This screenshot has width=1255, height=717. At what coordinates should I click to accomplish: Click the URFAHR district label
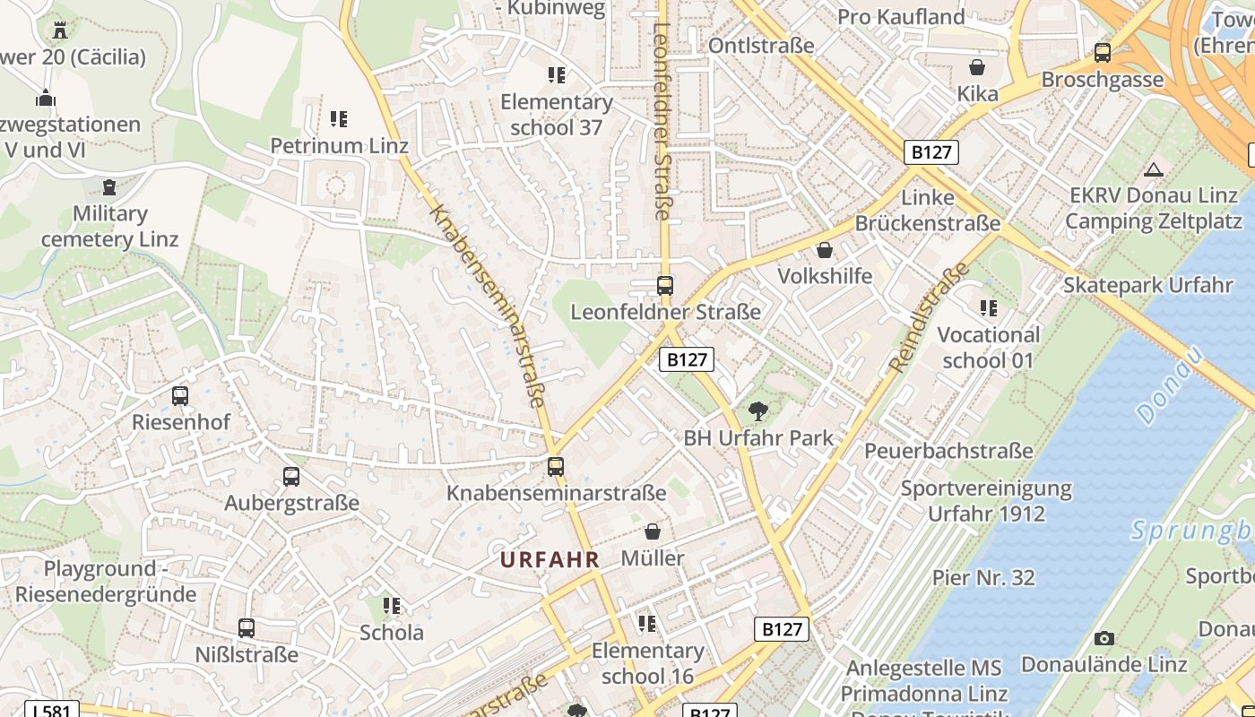click(x=550, y=560)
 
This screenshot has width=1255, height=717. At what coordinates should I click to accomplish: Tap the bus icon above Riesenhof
click(x=180, y=395)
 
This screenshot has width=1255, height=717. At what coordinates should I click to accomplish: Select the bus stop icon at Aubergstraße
click(x=291, y=477)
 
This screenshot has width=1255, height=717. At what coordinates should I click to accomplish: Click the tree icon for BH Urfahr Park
click(x=758, y=411)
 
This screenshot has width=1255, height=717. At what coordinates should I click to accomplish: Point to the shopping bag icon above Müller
click(x=653, y=531)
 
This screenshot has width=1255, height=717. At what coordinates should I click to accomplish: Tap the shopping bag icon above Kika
click(x=977, y=67)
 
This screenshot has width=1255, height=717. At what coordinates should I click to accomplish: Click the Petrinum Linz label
click(x=339, y=145)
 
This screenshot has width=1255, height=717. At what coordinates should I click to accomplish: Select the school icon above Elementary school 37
click(x=556, y=75)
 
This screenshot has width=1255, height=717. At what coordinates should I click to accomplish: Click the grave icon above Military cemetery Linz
click(x=109, y=187)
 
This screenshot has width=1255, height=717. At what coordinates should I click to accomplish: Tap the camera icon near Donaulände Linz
click(x=1104, y=638)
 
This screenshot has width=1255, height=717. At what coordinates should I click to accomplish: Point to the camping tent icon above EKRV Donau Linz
click(x=1154, y=169)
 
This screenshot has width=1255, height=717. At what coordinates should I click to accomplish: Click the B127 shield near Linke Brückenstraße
click(x=931, y=152)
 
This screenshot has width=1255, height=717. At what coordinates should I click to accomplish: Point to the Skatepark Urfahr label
click(x=1148, y=285)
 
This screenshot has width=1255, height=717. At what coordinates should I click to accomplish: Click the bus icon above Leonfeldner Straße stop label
click(x=664, y=286)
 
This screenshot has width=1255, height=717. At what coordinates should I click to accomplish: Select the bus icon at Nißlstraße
click(x=247, y=628)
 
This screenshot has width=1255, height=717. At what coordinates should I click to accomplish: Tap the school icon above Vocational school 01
click(x=989, y=309)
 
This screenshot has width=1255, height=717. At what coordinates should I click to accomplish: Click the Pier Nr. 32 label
click(x=983, y=578)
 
